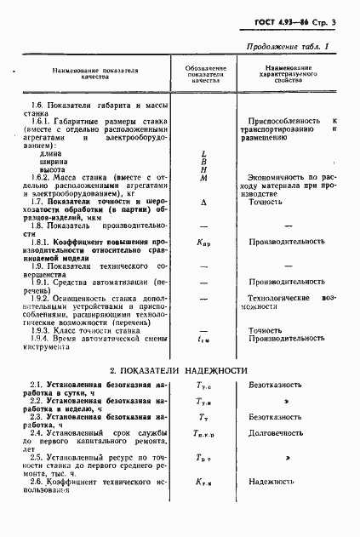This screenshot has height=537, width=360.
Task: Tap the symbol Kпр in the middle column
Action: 204,243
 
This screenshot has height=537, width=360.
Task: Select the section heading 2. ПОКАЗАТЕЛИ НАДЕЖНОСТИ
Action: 179,370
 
